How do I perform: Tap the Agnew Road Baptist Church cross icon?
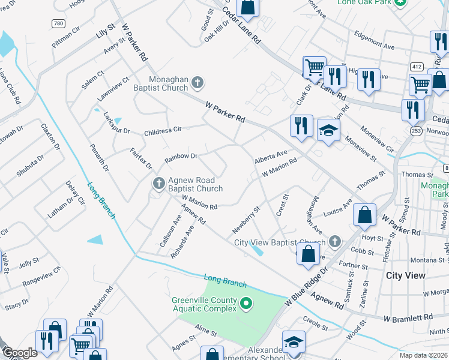158,183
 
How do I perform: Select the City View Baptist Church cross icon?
335,242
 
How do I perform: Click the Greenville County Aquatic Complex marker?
245,305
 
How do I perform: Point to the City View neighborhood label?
406,275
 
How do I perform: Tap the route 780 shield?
58,24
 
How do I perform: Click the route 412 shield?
417,66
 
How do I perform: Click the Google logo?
20,353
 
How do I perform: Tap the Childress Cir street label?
162,131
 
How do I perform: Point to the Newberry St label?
246,221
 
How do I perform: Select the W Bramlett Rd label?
408,317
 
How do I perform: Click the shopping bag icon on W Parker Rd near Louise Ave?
364,214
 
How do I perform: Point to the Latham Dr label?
59,207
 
